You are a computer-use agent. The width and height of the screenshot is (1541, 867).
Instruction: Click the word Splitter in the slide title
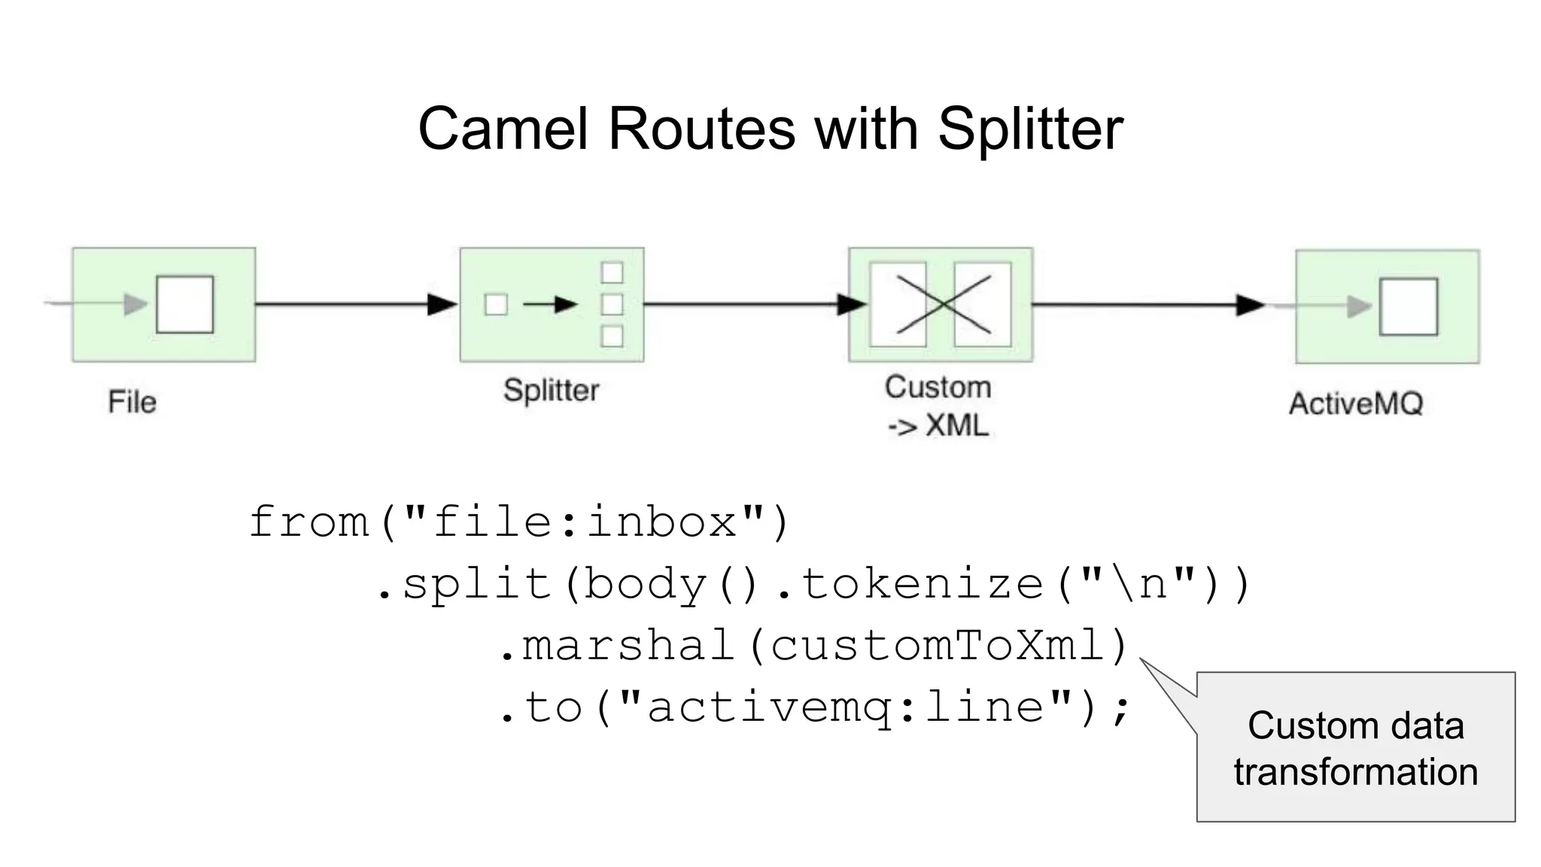point(1030,129)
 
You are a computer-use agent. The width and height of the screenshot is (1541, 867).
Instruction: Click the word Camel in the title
point(503,129)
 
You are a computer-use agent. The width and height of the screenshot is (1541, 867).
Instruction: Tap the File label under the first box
point(132,402)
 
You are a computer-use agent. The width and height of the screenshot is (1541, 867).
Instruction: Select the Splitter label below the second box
point(551,391)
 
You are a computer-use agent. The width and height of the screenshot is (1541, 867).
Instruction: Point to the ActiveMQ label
point(1356,404)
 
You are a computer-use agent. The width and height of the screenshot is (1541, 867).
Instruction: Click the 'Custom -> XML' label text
point(938,406)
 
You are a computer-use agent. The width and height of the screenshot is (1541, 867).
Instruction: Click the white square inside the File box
point(184,304)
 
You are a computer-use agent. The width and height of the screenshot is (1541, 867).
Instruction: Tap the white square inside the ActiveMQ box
point(1408,306)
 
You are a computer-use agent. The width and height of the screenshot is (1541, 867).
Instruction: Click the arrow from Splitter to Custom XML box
point(752,304)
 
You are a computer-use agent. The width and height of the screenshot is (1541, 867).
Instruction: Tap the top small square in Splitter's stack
point(612,272)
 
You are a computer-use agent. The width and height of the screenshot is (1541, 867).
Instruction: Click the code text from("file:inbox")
point(519,522)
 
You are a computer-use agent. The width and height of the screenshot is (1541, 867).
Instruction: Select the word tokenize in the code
point(922,584)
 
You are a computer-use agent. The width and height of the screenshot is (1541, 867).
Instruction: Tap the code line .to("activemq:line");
point(814,707)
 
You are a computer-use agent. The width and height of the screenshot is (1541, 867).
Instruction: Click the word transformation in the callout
point(1355,772)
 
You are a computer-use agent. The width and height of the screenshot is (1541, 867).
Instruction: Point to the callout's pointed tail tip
point(1141,659)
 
